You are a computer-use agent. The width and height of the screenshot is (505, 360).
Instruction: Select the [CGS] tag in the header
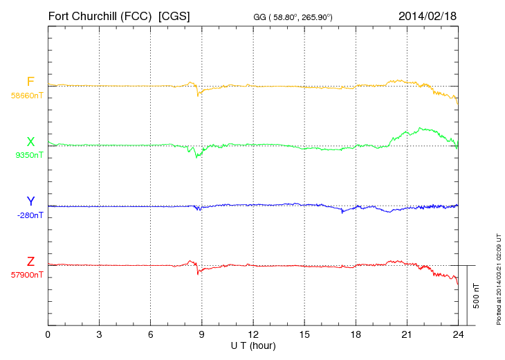174,15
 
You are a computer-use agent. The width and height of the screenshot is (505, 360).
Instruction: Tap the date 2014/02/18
428,15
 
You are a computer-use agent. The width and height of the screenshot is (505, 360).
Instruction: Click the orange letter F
30,82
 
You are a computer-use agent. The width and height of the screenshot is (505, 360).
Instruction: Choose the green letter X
30,142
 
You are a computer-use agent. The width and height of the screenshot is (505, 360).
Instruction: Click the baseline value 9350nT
28,155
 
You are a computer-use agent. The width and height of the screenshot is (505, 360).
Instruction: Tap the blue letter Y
30,201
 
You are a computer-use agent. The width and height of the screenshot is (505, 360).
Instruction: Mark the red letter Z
30,262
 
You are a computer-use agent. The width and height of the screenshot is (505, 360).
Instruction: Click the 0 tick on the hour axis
48,334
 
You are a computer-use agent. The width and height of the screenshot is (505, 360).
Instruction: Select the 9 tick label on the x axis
201,334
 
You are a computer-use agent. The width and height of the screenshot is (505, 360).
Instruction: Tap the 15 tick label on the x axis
304,334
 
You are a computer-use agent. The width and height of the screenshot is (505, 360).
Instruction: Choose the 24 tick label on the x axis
457,334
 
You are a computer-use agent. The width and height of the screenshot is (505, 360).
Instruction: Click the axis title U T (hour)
253,345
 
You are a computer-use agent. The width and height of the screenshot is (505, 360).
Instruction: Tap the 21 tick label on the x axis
406,334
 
